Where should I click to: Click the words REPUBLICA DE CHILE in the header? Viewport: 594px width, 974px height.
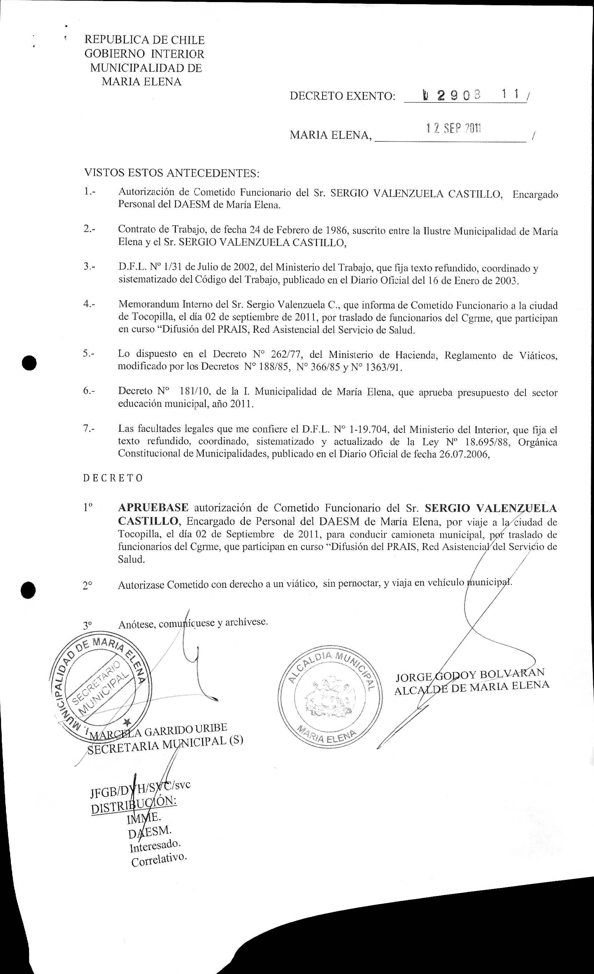tap(144, 40)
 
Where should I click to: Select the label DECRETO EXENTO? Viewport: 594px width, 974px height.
tap(342, 96)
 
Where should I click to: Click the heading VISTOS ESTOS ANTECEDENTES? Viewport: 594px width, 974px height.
tap(171, 173)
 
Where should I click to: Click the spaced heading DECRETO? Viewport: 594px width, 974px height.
tap(113, 478)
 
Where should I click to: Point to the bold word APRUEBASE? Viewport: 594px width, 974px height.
tap(153, 508)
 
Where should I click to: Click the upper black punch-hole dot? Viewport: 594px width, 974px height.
tap(29, 363)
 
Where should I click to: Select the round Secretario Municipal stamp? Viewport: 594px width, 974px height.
tap(100, 687)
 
